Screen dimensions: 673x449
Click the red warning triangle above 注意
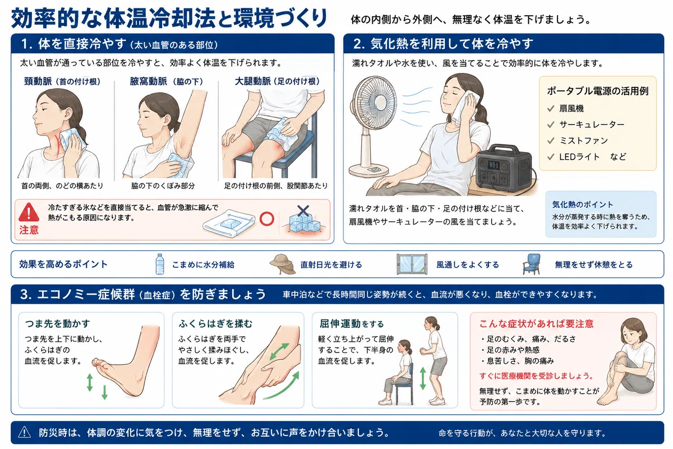point(29,212)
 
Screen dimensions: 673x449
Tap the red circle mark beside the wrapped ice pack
point(266,219)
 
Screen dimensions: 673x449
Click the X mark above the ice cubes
point(303,211)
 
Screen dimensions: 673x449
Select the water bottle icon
point(160,264)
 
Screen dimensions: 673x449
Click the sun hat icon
point(283,264)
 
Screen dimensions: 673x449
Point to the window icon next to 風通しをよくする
point(412,264)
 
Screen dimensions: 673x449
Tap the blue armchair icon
point(532,264)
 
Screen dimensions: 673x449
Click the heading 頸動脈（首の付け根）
point(62,81)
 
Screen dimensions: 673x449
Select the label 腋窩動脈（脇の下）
point(167,81)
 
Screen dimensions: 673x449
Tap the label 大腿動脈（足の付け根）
point(277,81)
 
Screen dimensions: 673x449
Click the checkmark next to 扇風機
point(551,108)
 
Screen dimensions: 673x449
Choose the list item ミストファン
point(583,140)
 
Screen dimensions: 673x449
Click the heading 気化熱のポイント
point(582,204)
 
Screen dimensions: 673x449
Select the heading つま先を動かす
point(57,324)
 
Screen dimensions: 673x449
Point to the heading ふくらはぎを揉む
point(215,324)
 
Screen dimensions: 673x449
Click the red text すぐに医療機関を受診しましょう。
point(537,376)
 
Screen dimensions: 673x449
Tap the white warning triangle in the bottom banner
point(24,433)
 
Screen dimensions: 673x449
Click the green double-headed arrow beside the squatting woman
point(423,378)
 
